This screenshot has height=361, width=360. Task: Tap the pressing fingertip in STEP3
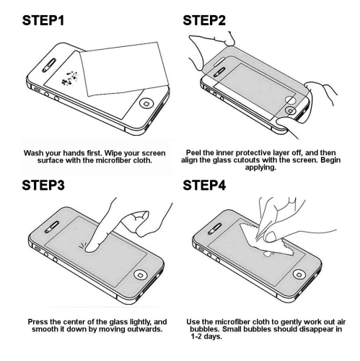[x=91, y=248]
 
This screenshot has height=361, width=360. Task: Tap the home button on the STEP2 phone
[x=289, y=109]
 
